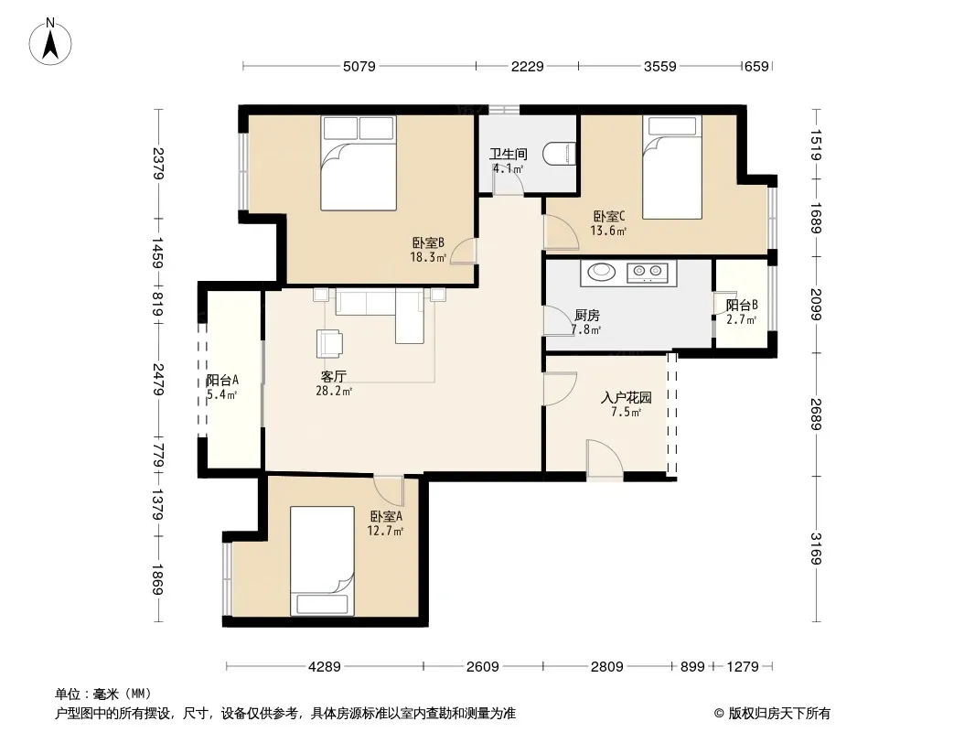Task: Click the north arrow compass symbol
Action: coord(50,42)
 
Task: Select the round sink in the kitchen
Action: coord(601,271)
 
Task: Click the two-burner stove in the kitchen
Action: coord(648,271)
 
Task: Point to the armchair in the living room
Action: coord(329,343)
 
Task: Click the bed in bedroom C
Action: coord(671,167)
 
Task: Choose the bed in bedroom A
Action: coord(322,560)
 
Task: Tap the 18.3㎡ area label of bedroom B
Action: coord(428,257)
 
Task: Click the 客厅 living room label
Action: coord(333,376)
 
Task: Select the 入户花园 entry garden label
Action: coord(627,397)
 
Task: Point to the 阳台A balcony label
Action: coord(222,380)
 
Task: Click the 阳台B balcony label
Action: coord(742,306)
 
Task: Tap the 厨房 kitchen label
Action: coord(587,316)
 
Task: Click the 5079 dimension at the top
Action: coord(359,66)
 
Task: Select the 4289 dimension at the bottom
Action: coord(325,667)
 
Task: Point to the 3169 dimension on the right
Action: coord(816,548)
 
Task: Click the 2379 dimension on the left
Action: coord(158,163)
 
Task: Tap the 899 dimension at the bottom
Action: coord(692,667)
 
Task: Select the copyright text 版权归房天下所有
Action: coord(779,714)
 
